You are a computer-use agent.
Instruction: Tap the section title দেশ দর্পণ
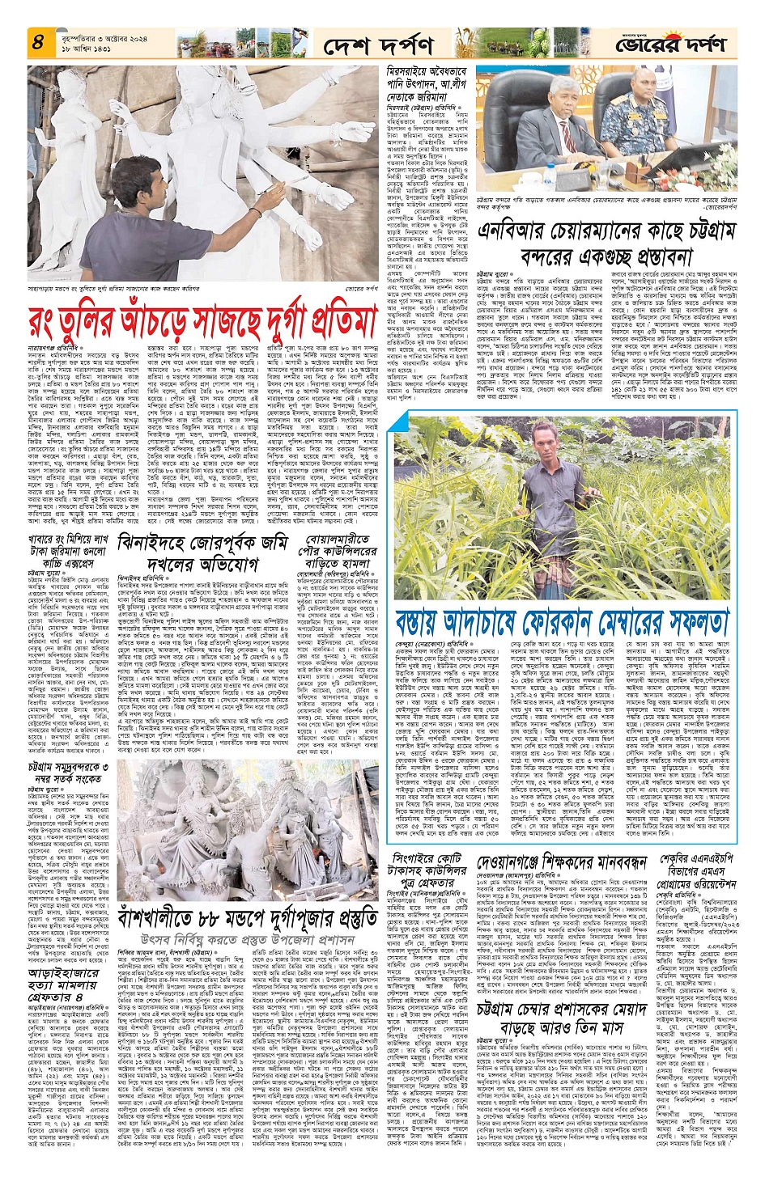(x=378, y=45)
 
